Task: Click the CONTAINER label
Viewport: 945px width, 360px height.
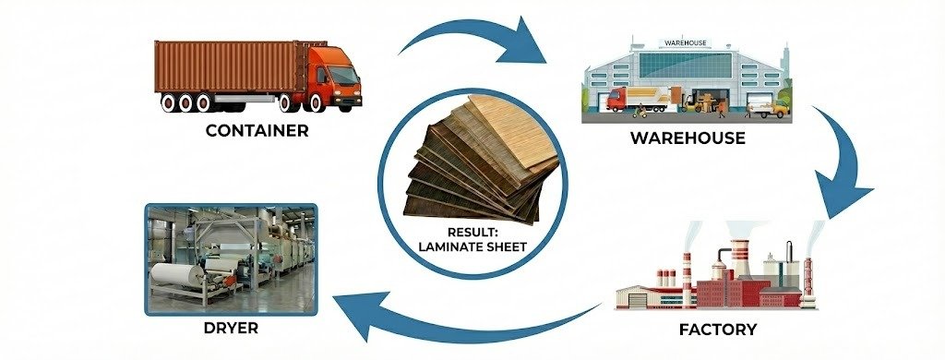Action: tap(257, 130)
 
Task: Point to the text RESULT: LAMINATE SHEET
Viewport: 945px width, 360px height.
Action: tap(472, 239)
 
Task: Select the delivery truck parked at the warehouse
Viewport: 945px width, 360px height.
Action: tap(642, 100)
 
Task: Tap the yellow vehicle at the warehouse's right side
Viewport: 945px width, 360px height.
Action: tap(777, 110)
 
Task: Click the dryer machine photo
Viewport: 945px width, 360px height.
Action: tap(232, 259)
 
